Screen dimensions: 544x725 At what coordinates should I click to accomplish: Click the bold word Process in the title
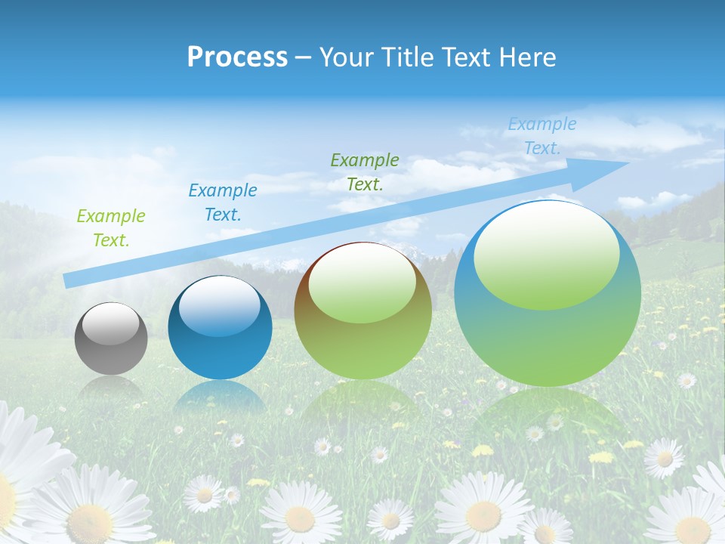point(237,57)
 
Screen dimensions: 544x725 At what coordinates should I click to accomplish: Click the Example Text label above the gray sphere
point(111,228)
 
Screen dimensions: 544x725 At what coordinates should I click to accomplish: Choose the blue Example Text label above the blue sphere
point(223,202)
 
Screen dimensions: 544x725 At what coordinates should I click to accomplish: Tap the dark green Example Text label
point(365,172)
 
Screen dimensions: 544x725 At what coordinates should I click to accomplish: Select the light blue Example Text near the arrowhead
point(541,136)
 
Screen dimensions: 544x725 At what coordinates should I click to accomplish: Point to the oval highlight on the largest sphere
point(547,255)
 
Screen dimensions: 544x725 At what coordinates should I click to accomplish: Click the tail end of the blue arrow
point(69,280)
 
